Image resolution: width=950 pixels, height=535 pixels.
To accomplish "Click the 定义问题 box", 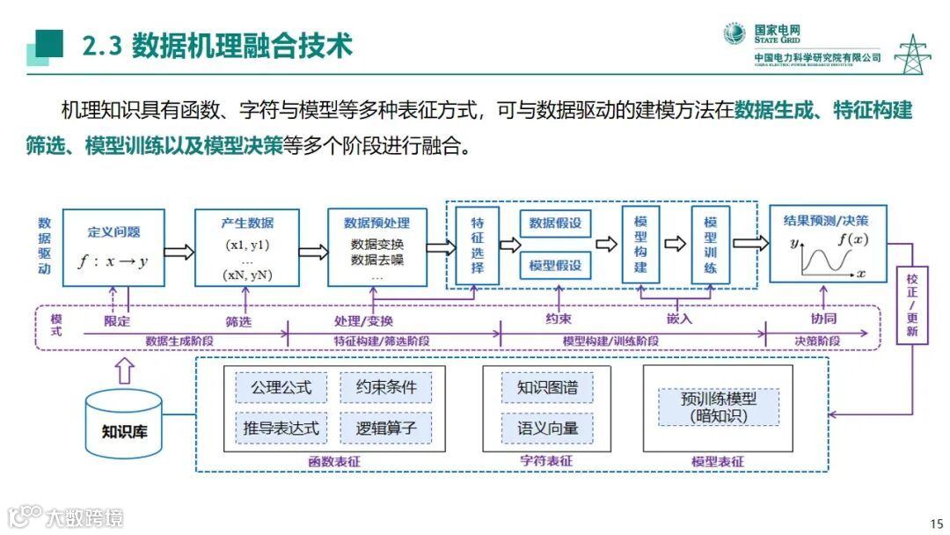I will point(113,246).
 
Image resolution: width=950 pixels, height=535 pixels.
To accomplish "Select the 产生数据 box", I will point(247,246).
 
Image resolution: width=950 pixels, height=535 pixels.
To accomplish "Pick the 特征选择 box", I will point(478,245).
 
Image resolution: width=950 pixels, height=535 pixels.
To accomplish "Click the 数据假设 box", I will point(556,224).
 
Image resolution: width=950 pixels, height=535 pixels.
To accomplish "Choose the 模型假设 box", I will point(556,265).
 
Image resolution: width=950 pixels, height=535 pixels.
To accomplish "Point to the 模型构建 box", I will point(640,244).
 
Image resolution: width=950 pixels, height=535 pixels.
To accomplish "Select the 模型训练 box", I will point(711,244).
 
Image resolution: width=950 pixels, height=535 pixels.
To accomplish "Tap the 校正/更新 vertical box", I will point(912,304).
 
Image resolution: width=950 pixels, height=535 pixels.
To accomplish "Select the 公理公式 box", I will point(281,387).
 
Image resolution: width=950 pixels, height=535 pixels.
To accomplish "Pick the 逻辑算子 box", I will point(386,429).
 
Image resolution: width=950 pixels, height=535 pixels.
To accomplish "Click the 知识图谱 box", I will point(546,387).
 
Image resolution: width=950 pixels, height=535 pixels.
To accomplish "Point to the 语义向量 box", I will point(546,429).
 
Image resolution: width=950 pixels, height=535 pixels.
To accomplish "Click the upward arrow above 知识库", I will point(124,370).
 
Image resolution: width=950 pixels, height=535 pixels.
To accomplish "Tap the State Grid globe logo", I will point(734,33).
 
